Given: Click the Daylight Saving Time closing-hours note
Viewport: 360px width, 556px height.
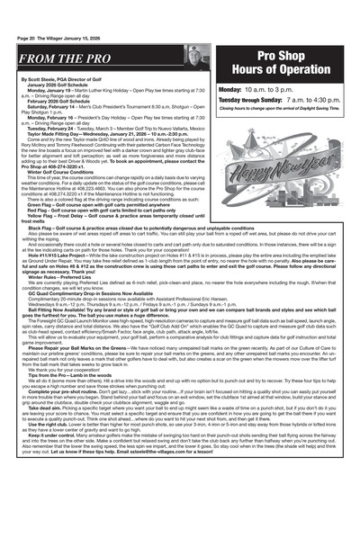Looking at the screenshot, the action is [x=283, y=109].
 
